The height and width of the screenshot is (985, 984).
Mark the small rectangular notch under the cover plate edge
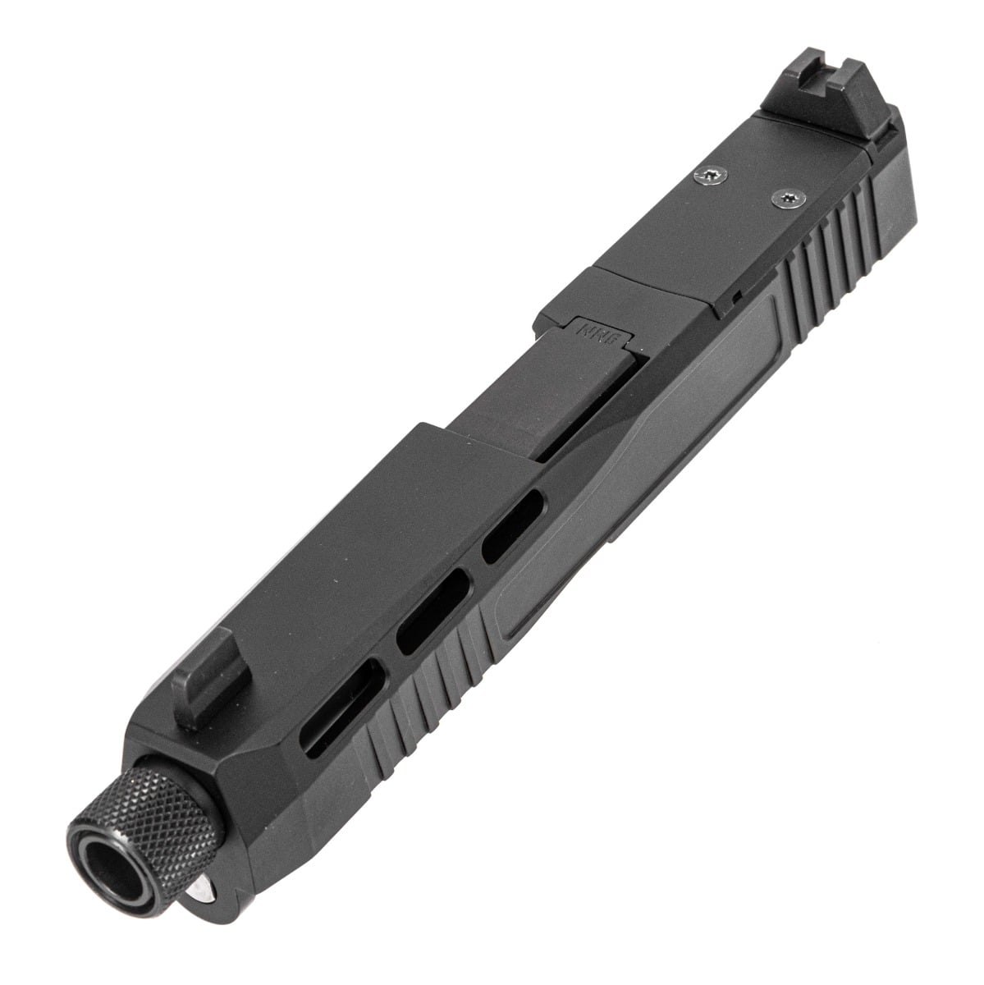(x=737, y=317)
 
